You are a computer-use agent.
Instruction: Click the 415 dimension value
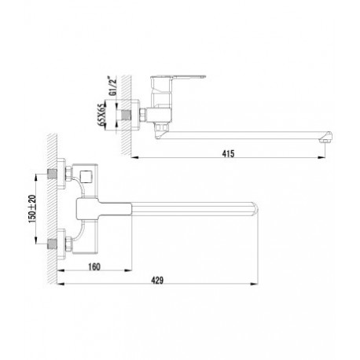pyautogui.click(x=228, y=153)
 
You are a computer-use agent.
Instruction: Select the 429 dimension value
pyautogui.click(x=157, y=280)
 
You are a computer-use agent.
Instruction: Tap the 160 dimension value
pyautogui.click(x=94, y=266)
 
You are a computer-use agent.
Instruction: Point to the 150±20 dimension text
pyautogui.click(x=32, y=209)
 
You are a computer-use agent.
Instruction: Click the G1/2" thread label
pyautogui.click(x=110, y=86)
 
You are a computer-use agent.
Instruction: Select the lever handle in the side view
pyautogui.click(x=178, y=78)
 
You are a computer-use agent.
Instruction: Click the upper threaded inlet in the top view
pyautogui.click(x=53, y=174)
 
